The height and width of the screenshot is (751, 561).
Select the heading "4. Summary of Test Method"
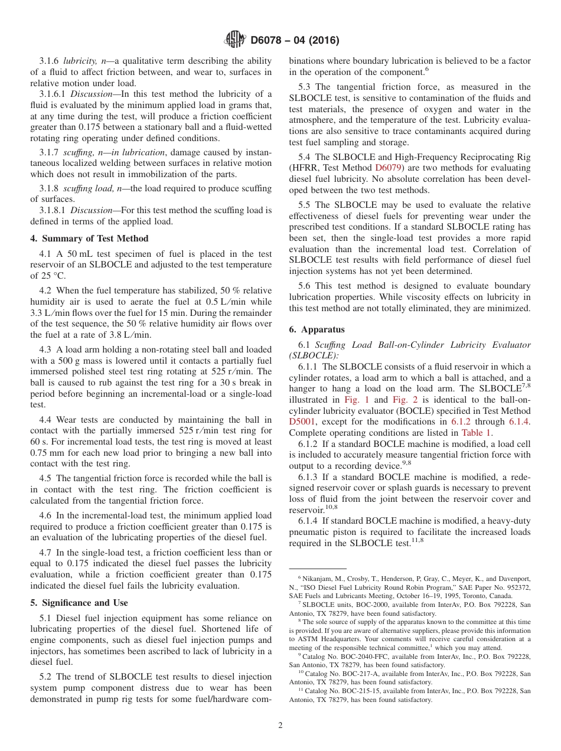[x=89, y=239]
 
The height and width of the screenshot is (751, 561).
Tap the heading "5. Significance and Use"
[x=79, y=603]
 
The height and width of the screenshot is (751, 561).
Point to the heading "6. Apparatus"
[x=317, y=329]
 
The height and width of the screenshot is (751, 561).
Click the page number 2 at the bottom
[x=280, y=725]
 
